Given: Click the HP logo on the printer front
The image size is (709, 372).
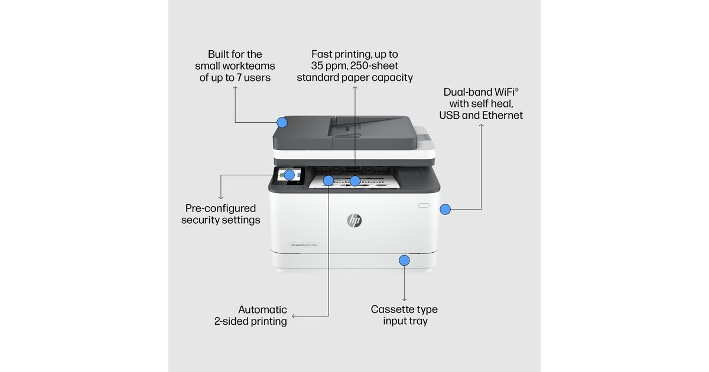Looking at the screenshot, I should (x=354, y=220).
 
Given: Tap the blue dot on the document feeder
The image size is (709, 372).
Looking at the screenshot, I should (x=282, y=123).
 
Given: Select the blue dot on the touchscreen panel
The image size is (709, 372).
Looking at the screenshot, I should (x=290, y=175).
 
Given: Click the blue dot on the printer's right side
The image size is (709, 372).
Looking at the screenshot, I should (x=445, y=209).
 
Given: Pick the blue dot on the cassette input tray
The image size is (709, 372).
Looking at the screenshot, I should (x=404, y=260).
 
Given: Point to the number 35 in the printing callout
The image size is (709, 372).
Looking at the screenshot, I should (x=320, y=66).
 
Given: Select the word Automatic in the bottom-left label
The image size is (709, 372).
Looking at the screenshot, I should (x=262, y=309).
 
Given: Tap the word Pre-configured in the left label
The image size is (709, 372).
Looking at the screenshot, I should (x=220, y=208).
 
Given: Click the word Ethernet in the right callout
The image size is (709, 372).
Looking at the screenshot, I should (x=502, y=115).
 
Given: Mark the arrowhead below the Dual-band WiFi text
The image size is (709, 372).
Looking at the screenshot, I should (x=481, y=126).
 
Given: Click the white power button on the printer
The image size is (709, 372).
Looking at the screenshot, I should (x=422, y=205).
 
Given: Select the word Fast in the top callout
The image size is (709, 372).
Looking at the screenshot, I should (x=324, y=54).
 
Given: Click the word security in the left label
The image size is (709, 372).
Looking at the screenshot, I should (x=200, y=220).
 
